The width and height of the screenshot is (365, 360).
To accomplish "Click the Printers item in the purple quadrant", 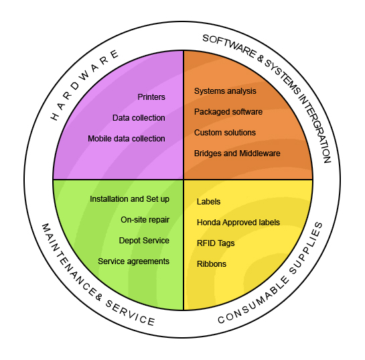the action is pos(151,97).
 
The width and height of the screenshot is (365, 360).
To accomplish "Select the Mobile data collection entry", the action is pos(127,139).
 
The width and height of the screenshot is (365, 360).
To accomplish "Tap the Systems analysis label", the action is pos(225,91).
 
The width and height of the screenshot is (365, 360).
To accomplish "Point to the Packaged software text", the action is pos(228,112).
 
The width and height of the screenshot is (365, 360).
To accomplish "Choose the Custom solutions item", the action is pos(225,133).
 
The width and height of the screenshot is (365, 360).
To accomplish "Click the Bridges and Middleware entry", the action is pos(237,154).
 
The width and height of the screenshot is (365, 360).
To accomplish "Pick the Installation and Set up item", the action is pos(129,199).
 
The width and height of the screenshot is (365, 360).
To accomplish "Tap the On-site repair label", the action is pos(145,220).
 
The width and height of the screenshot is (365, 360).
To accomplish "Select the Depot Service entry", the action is pos(144,241).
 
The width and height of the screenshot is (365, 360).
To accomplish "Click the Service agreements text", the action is pos(133,261).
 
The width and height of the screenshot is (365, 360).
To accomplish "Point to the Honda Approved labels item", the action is pos(238,223).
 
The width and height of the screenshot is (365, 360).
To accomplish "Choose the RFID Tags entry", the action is pos(216,243).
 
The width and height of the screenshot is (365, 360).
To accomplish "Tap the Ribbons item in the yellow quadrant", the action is pos(212,264).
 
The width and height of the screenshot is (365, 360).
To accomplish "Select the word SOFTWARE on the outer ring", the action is pos(230,46).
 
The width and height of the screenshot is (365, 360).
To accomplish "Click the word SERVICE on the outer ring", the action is pos(130,313).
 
